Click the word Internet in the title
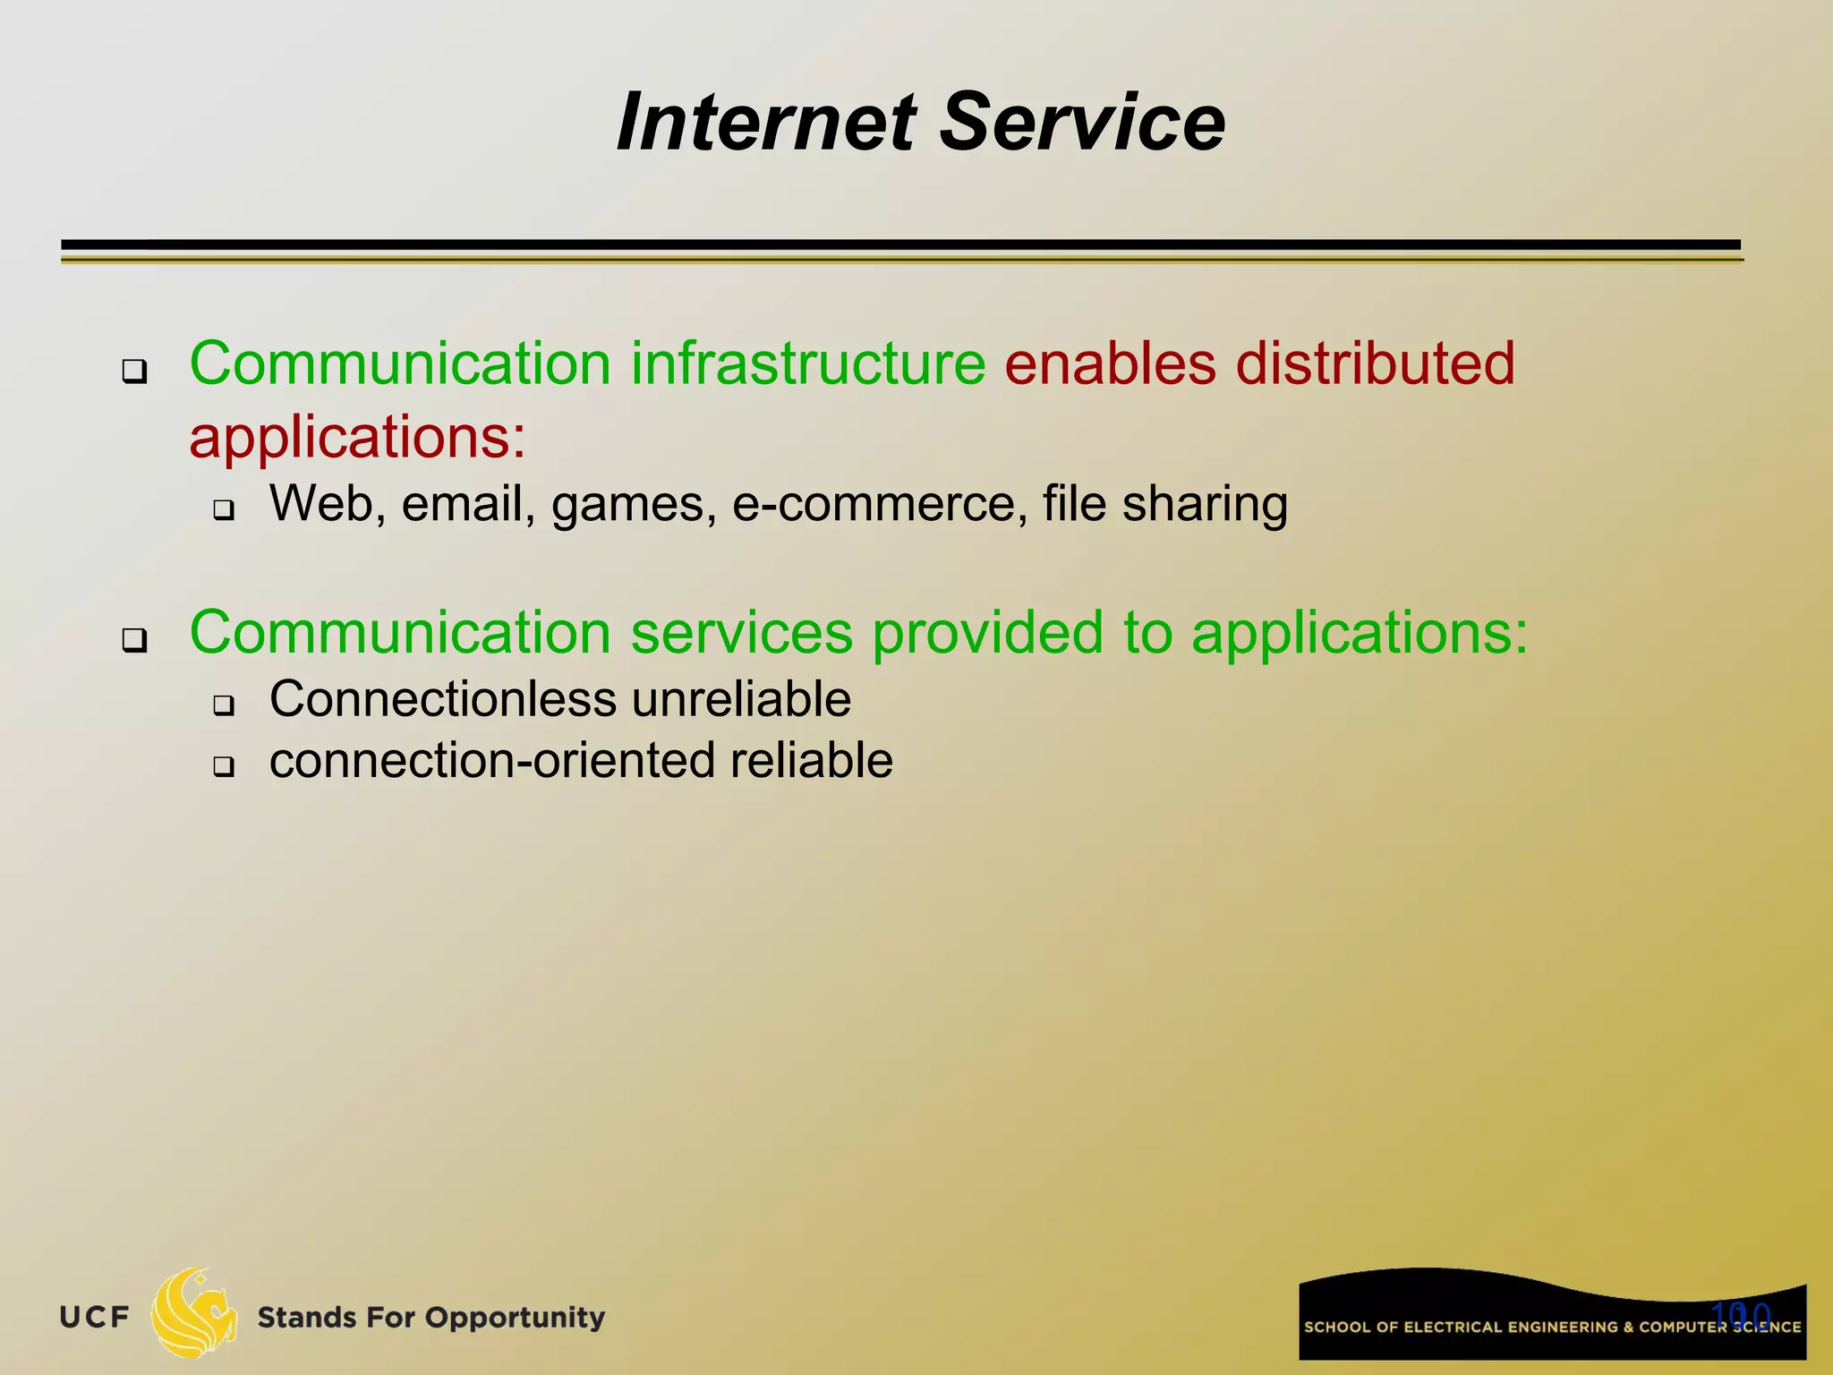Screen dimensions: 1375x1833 pos(767,123)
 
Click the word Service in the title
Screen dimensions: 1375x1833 pos(1082,123)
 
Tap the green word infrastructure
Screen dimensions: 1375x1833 pos(808,363)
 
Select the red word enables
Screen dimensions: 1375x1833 pos(1110,363)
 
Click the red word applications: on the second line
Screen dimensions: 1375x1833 pos(358,439)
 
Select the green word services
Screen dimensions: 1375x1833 pos(742,633)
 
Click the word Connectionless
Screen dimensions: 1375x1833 pos(443,699)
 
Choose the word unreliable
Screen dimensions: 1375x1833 pos(742,699)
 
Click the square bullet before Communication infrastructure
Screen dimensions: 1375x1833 pos(135,371)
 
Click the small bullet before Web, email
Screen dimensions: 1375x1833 pos(223,511)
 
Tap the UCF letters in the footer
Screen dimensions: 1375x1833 pos(95,1318)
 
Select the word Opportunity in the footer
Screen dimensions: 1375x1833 pos(515,1319)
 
